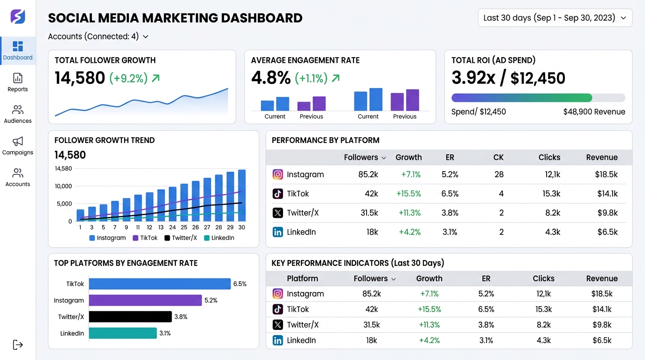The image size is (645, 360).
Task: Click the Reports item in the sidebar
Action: pos(18,82)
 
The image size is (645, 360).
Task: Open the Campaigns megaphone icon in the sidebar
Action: pos(18,141)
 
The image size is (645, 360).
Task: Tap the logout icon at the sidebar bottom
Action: pos(18,345)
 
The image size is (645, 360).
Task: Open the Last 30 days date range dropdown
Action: pos(555,18)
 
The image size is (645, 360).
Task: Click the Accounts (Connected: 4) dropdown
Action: pos(98,37)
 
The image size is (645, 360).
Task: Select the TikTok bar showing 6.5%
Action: pos(160,284)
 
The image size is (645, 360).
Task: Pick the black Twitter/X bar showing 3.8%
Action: pos(130,317)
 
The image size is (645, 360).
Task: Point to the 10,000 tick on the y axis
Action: pos(63,186)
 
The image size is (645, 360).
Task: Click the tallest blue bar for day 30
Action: pos(242,195)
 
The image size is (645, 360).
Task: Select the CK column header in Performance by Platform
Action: pos(498,157)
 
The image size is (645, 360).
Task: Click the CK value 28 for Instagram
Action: pos(499,174)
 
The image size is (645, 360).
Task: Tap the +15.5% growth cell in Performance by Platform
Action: pos(408,194)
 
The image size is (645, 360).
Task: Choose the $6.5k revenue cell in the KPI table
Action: pos(602,340)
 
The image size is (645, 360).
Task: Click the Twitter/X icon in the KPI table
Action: pos(278,325)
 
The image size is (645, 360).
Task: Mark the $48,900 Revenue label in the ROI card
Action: pos(594,112)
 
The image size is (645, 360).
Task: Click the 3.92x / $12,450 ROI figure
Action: pos(508,78)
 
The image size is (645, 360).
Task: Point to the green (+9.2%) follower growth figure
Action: pos(128,78)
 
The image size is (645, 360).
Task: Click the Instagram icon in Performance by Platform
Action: pos(278,174)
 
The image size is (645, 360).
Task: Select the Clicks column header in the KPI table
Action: pos(543,278)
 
